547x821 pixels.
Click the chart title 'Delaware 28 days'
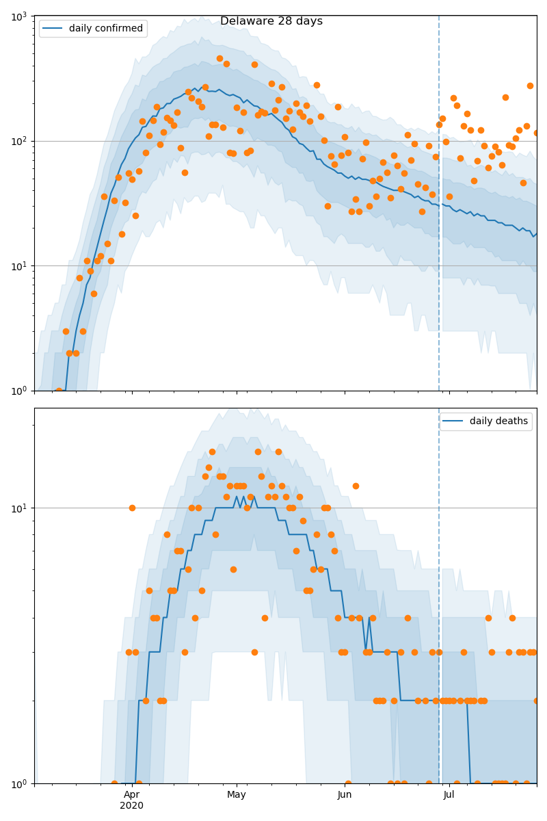click(271, 21)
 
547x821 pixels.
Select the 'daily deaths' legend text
click(498, 421)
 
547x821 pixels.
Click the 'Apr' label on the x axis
click(132, 795)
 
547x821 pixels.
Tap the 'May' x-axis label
click(237, 795)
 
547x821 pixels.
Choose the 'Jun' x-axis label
click(345, 795)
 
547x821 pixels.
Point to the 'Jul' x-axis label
click(449, 795)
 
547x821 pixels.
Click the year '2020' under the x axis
click(132, 806)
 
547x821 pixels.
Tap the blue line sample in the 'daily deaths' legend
click(454, 421)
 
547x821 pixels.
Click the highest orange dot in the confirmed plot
click(219, 58)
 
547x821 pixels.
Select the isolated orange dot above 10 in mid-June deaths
click(356, 486)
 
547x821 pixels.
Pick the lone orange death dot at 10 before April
click(132, 508)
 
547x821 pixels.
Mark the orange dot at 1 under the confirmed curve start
click(59, 391)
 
